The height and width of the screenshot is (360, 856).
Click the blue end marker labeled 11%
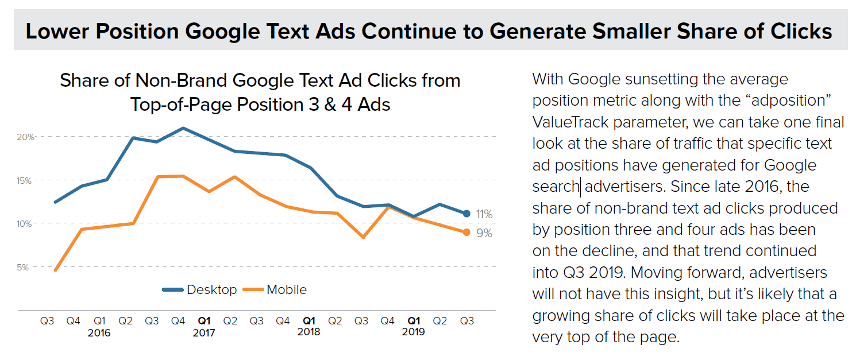(466, 214)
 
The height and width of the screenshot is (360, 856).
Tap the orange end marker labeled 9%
(466, 232)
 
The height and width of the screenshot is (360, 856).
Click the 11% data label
(484, 214)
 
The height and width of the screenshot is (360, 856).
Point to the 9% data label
(484, 234)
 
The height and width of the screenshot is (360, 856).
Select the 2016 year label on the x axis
(99, 332)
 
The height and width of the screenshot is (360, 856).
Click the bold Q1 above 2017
(205, 322)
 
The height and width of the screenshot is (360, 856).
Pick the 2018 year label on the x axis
(309, 332)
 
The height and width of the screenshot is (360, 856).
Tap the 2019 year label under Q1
(414, 332)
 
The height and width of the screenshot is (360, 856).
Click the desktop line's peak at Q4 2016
(183, 128)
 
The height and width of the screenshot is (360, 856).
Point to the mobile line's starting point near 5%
(55, 270)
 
